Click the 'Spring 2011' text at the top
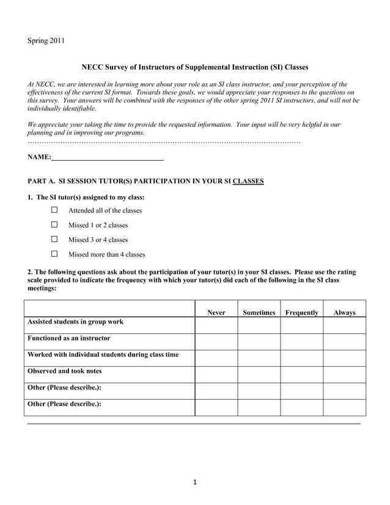click(x=46, y=41)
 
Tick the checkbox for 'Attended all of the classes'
click(x=54, y=210)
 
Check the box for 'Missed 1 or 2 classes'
click(x=54, y=225)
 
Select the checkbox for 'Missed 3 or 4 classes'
click(x=54, y=240)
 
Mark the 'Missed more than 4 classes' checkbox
click(x=54, y=254)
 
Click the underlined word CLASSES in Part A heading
click(x=248, y=182)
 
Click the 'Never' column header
click(x=216, y=312)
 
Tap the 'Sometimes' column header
click(x=259, y=312)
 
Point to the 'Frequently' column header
click(x=301, y=312)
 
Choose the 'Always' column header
click(x=344, y=312)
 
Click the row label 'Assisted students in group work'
click(x=75, y=322)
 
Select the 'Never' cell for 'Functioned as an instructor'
click(x=216, y=341)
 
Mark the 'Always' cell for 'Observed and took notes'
click(x=344, y=374)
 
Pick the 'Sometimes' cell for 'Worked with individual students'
click(x=259, y=358)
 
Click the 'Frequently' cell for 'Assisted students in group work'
click(x=301, y=325)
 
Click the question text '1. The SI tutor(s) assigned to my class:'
click(x=86, y=197)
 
